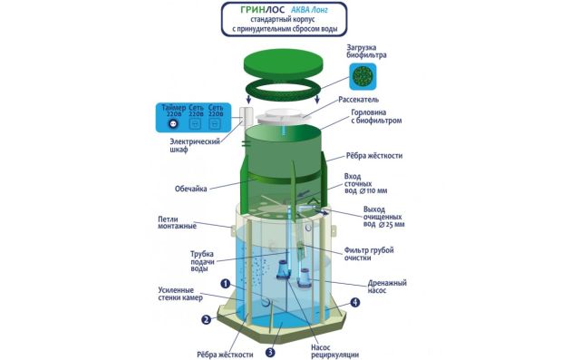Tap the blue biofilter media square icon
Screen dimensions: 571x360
click(363, 76)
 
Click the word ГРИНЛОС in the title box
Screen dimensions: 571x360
click(263, 10)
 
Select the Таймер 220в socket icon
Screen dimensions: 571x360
click(173, 124)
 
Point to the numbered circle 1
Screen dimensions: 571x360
click(226, 284)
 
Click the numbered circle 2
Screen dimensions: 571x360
click(206, 319)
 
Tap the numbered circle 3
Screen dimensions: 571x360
click(270, 352)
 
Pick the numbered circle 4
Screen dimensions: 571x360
click(354, 302)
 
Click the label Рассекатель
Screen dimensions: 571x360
click(358, 100)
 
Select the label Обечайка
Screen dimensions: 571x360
click(191, 189)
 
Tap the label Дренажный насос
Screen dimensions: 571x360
click(387, 287)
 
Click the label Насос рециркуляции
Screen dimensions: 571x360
click(334, 351)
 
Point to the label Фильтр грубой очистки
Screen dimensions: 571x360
click(369, 254)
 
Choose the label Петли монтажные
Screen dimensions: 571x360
click(177, 223)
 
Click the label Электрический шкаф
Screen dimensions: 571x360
click(195, 145)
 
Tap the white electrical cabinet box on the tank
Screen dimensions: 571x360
click(246, 117)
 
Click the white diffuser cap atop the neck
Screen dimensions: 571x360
click(279, 117)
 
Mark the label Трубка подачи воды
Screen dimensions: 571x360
click(202, 261)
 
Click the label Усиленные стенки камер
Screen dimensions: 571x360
click(180, 294)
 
